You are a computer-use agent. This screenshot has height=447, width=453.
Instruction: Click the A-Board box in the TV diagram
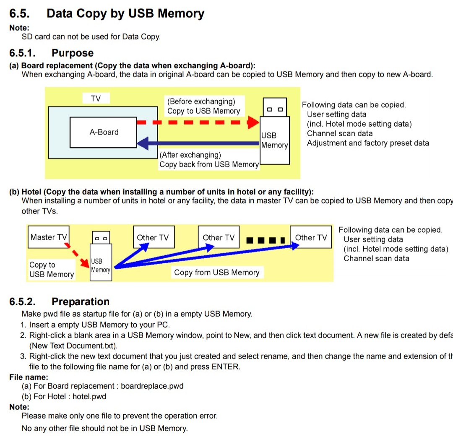103,133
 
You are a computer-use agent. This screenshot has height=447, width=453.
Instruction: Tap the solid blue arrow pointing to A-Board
197,144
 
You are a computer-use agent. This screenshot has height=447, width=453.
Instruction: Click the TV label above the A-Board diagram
96,99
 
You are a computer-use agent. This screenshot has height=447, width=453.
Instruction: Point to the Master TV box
48,237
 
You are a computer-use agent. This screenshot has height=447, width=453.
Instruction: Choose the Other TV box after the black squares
311,237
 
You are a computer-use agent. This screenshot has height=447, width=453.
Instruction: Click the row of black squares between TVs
266,240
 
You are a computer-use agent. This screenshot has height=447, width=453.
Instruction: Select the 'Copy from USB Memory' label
216,273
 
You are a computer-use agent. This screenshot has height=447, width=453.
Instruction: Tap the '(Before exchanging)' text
201,101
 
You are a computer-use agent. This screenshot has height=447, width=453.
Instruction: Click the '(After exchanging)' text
190,155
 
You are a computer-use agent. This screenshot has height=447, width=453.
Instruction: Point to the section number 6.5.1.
22,53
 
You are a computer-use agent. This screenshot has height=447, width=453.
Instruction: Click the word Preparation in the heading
80,302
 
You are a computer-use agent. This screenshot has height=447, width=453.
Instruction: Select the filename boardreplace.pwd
152,386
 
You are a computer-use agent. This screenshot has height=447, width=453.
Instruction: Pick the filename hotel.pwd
89,396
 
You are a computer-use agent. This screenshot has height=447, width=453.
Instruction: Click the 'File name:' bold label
29,377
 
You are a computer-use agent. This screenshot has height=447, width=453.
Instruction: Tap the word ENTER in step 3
225,366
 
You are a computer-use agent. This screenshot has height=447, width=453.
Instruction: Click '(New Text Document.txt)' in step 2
73,346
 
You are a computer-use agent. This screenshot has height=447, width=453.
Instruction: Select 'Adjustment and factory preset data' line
368,143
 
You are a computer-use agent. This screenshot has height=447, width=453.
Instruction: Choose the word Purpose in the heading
72,53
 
